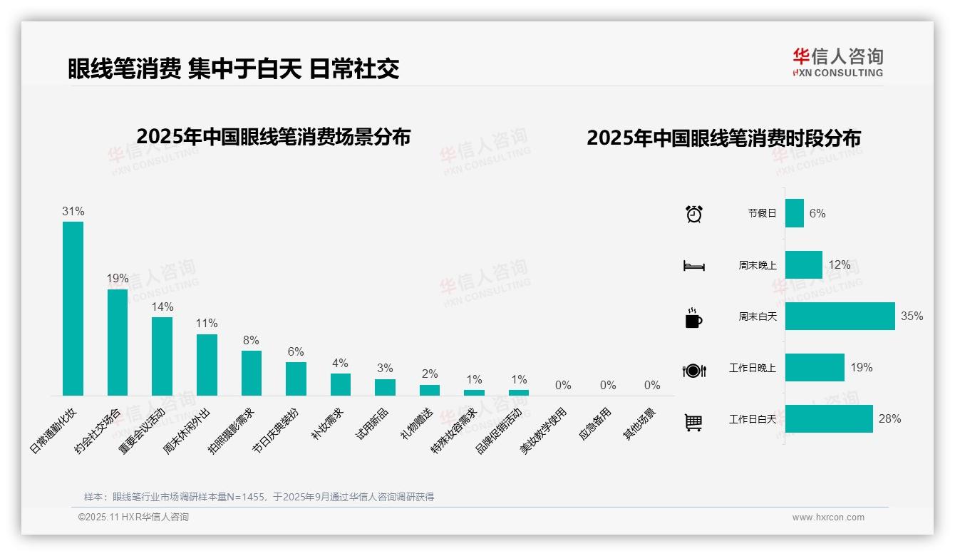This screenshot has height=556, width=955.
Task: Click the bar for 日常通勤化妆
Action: pos(73,308)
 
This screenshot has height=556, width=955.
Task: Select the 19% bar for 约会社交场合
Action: pos(118,342)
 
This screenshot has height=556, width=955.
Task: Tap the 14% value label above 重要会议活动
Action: pos(162,307)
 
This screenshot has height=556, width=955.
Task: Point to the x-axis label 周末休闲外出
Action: pos(186,432)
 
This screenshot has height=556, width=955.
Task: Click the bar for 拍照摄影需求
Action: pos(252,373)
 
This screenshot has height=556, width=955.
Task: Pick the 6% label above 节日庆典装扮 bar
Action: pos(296,351)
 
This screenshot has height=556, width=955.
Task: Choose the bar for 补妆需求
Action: pos(341,384)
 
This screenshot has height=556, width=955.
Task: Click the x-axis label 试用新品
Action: pos(371,424)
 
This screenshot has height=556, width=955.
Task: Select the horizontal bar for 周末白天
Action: pos(840,316)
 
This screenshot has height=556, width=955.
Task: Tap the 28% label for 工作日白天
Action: pos(889,419)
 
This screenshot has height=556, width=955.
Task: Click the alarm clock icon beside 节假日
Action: pos(693,213)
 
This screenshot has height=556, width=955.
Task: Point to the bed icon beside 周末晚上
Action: pos(693,265)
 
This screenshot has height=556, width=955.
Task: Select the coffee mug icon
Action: pos(693,317)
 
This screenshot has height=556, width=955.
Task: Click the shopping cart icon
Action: pos(693,422)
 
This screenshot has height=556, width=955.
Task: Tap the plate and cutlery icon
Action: pos(693,370)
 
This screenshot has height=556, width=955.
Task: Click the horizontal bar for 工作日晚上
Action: pos(815,368)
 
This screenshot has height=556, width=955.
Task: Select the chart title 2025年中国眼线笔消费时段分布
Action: pos(723,138)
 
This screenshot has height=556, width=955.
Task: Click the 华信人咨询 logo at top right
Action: pos(837,62)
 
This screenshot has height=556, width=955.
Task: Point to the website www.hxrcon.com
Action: pos(828,518)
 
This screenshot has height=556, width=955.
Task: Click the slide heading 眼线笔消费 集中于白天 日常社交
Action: pos(233,68)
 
